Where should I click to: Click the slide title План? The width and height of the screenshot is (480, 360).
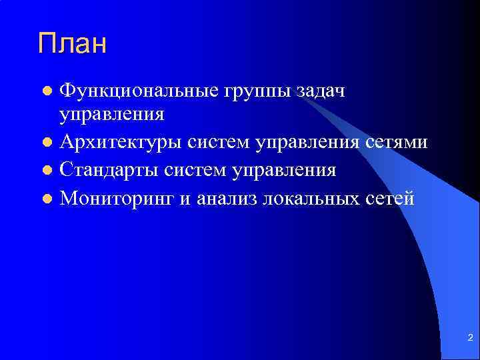coord(72,44)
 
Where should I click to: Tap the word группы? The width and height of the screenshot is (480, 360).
coord(246,90)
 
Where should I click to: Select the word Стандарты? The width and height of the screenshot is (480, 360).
coord(110,171)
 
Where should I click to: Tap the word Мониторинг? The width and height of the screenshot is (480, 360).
coord(117,199)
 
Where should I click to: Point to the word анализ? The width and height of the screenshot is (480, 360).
coord(226,199)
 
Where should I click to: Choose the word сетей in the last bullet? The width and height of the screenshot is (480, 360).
coord(391,199)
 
